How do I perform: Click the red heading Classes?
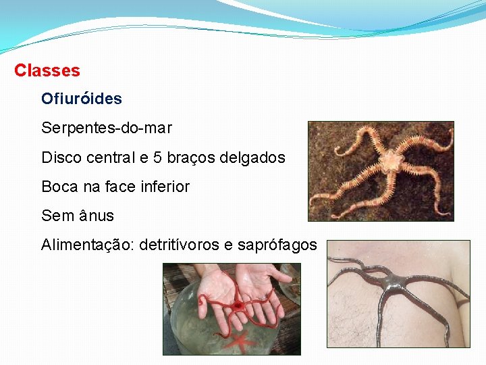pos(47,70)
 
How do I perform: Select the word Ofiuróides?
pos(81,99)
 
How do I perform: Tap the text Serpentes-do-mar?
pos(107,128)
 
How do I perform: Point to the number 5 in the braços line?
pos(158,157)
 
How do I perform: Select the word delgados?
pos(253,157)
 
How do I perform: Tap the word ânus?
pos(96,216)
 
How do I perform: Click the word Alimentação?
pos(86,245)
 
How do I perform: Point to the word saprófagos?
pos(277,245)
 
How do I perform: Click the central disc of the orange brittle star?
pos(389,161)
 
